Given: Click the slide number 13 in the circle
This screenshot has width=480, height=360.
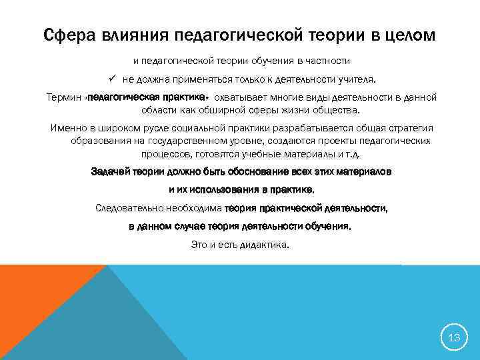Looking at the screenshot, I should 454,337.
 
